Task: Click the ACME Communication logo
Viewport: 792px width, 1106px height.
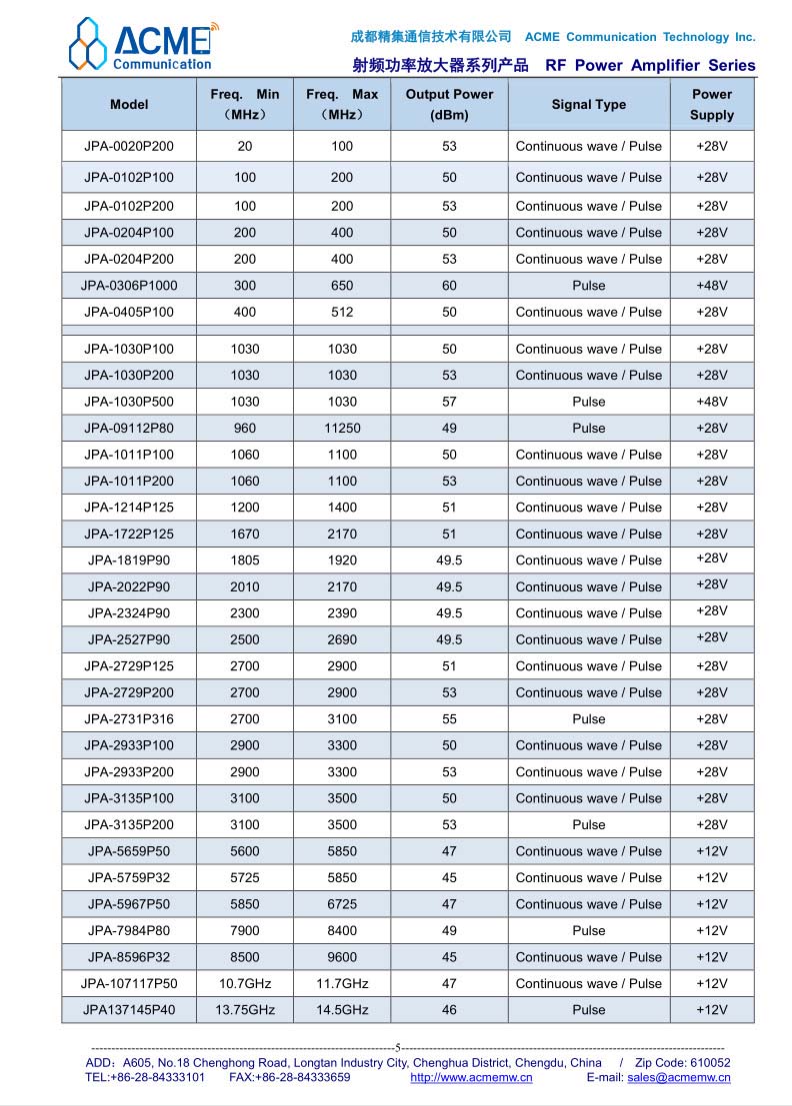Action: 141,45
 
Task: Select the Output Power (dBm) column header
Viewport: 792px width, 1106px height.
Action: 449,104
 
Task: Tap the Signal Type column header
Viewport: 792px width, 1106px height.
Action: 588,104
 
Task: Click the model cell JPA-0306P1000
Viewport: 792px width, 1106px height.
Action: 129,286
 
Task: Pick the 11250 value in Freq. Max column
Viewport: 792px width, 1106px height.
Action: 342,429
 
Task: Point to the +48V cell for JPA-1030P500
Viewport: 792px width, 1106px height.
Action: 712,402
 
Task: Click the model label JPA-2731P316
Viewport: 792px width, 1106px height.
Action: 129,719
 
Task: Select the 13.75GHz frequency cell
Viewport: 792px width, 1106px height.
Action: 245,1010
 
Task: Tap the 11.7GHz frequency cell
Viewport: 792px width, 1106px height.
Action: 342,984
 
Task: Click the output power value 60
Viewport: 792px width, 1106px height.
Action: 449,286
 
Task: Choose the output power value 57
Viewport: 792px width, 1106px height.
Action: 449,402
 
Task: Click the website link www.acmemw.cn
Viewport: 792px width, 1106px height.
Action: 471,1077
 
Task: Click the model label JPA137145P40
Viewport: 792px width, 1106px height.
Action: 129,1010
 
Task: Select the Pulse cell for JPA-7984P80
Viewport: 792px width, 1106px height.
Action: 588,931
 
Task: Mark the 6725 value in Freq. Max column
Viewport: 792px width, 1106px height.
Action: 342,904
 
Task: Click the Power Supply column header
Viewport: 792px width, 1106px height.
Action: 712,104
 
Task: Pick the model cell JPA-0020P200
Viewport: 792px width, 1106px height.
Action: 129,146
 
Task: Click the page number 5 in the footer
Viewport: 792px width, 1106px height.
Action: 398,1047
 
